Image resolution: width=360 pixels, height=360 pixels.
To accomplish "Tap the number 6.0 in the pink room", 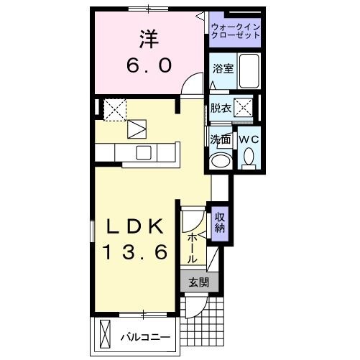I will pyautogui.click(x=150, y=66).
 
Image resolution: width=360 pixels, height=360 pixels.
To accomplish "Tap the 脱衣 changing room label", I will pyautogui.click(x=220, y=109).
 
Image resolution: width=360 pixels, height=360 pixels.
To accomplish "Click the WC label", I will pyautogui.click(x=249, y=139).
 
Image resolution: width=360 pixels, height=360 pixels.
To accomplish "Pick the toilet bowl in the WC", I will pyautogui.click(x=249, y=157).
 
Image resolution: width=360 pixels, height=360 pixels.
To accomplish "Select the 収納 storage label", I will pyautogui.click(x=219, y=223).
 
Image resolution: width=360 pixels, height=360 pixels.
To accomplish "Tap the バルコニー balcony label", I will pyautogui.click(x=145, y=336).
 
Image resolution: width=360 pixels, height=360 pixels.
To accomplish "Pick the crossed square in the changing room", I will pyautogui.click(x=244, y=109).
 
